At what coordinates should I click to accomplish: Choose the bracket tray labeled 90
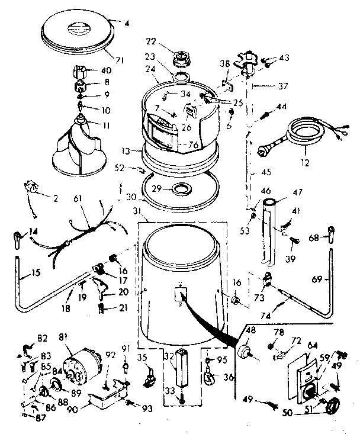click(x=108, y=397)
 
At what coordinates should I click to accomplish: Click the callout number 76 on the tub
click(x=194, y=144)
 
